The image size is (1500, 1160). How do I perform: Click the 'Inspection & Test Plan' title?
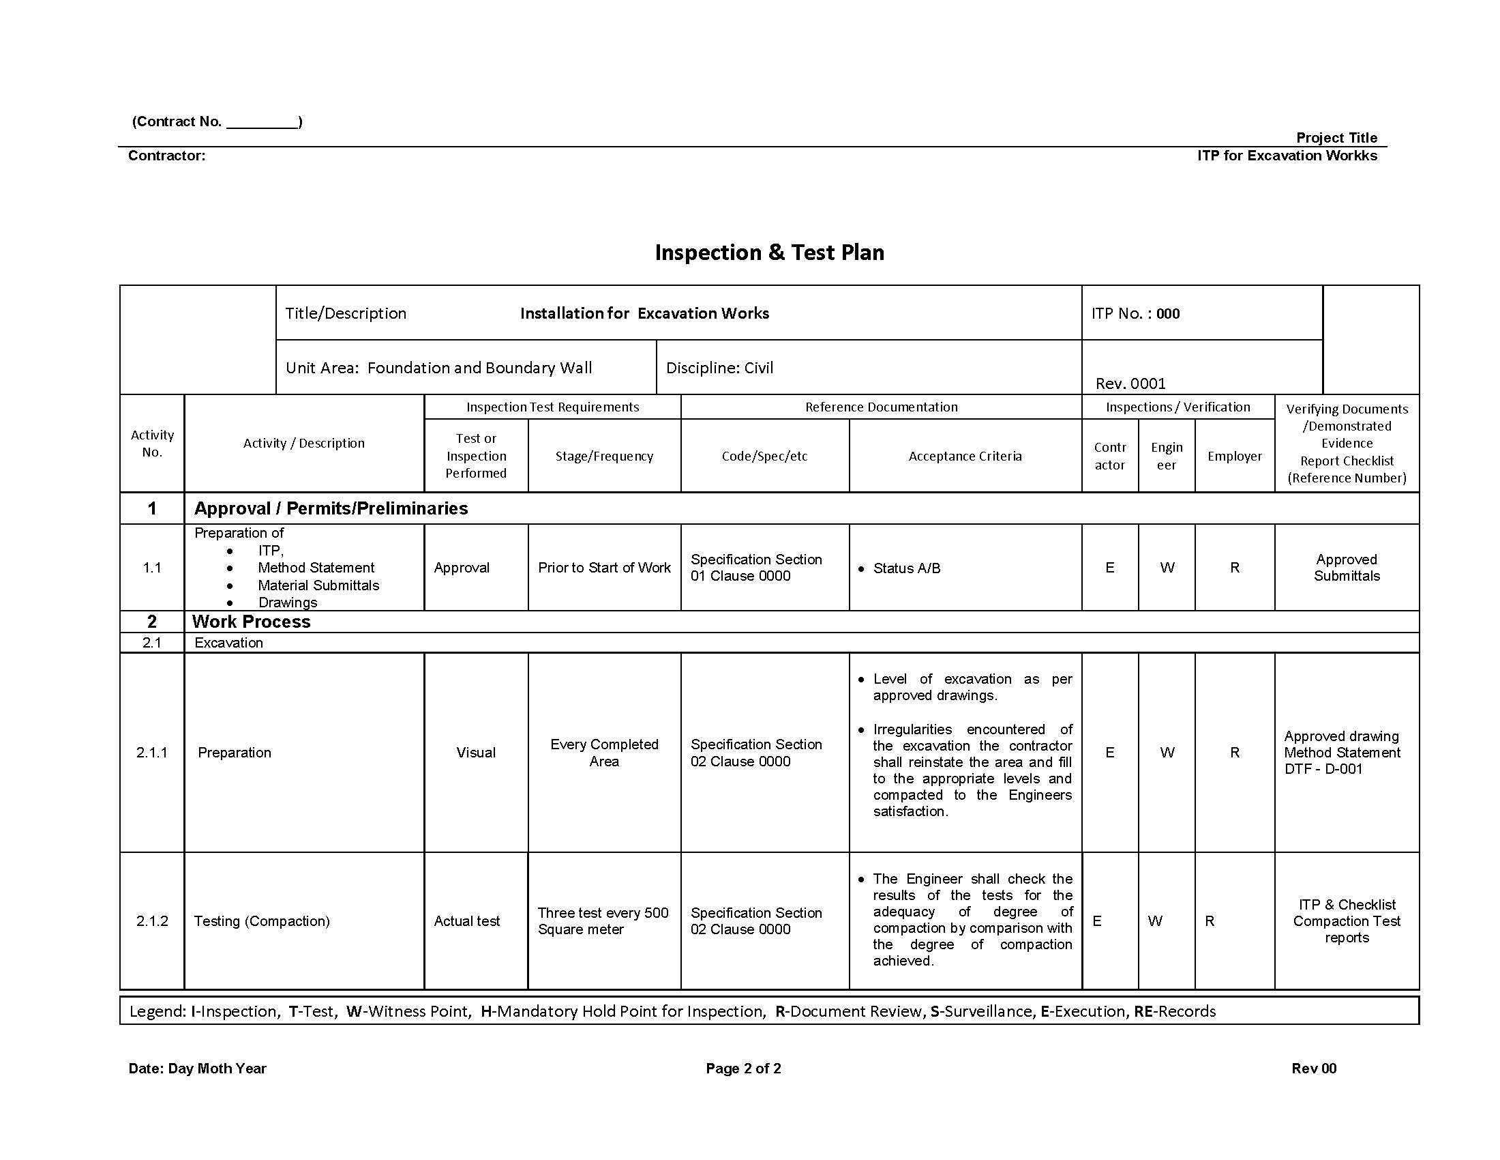coord(769,252)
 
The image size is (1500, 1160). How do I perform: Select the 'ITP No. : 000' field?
coord(1135,314)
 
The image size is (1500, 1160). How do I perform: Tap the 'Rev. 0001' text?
coord(1130,383)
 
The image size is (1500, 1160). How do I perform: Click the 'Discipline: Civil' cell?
coord(719,368)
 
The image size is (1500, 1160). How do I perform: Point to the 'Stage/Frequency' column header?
coord(603,456)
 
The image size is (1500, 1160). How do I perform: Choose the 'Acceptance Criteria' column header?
coord(964,456)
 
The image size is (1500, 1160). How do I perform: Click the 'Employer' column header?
coord(1234,456)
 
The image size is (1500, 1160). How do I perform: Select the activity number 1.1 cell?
coord(152,568)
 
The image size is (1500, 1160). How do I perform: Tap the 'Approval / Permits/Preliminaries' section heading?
coord(331,508)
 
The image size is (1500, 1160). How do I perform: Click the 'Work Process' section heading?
coord(252,622)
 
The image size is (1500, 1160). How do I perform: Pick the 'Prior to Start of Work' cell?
coord(603,568)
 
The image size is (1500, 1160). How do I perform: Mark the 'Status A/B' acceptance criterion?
coord(906,568)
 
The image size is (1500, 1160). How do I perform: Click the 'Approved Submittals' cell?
coord(1346,568)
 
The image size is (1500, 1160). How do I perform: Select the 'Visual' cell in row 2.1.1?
coord(475,753)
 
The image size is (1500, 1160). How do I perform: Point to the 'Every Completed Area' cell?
coord(603,753)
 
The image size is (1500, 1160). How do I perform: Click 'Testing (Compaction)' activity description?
coord(262,921)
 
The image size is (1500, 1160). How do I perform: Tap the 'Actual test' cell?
coord(466,921)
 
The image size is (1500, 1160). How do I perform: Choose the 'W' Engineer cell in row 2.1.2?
coord(1155,921)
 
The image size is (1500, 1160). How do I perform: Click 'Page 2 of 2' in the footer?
coord(743,1069)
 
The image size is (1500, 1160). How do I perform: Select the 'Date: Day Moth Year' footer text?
coord(197,1069)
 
